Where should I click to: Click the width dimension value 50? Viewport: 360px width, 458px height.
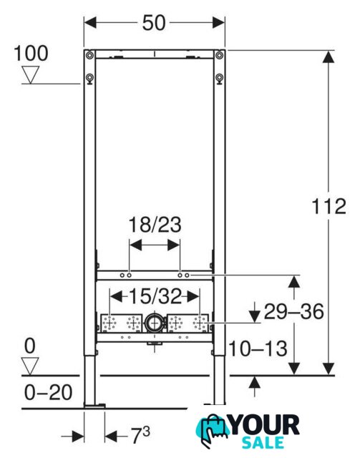pyautogui.click(x=154, y=23)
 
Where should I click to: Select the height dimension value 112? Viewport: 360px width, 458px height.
pyautogui.click(x=329, y=206)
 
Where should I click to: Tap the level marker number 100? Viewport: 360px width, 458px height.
pyautogui.click(x=31, y=53)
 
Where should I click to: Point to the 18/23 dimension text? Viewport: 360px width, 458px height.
pyautogui.click(x=155, y=225)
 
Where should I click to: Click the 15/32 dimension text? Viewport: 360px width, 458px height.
pyautogui.click(x=155, y=296)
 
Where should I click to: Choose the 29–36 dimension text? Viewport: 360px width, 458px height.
pyautogui.click(x=293, y=311)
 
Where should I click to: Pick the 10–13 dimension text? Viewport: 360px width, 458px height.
pyautogui.click(x=258, y=349)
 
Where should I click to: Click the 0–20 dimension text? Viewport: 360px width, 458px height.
pyautogui.click(x=48, y=392)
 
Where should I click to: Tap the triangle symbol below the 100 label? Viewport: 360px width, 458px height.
pyautogui.click(x=31, y=74)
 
